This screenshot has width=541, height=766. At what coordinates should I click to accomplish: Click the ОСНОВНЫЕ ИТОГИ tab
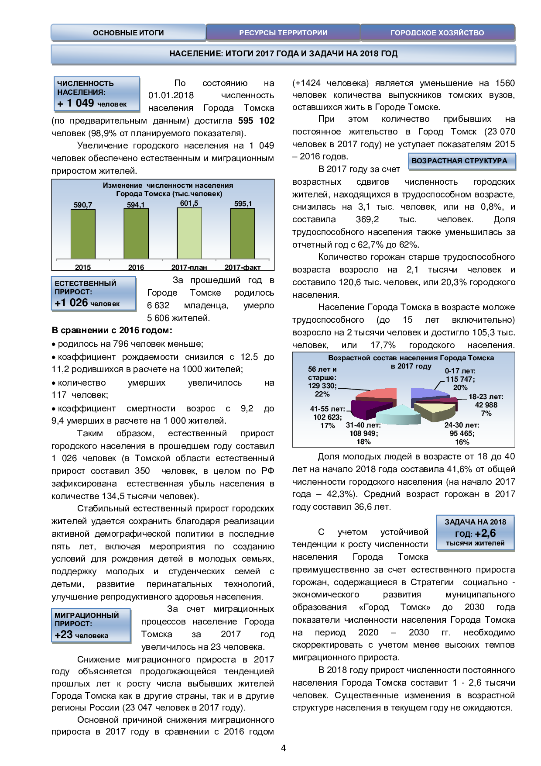pos(128,33)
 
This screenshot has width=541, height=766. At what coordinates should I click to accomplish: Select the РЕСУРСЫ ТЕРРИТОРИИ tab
pos(283,33)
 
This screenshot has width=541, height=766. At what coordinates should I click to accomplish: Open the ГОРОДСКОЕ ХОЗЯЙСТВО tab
pos(437,33)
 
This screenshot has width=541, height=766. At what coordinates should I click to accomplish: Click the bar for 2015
pos(83,234)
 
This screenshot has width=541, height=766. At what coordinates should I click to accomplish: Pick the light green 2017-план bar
pos(189,233)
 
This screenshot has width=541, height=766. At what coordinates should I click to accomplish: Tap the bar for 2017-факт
pos(243,234)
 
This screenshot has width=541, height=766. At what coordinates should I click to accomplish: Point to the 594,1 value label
pos(136,205)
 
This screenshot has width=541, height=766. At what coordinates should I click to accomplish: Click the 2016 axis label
pos(136,267)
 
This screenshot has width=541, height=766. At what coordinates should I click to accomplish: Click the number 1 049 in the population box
pos(80,103)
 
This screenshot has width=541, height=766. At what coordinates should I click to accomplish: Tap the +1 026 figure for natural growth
pos(72,303)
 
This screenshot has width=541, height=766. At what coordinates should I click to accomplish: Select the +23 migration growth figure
pos(64,635)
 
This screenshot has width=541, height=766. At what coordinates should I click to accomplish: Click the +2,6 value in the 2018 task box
pos(485,533)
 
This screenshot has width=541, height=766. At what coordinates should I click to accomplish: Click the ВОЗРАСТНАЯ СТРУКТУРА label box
pos(461,161)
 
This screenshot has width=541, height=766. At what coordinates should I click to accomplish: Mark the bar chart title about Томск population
pos(168,190)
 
